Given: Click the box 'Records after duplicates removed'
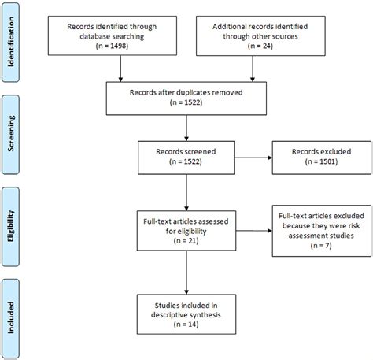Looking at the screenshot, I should click(x=186, y=96).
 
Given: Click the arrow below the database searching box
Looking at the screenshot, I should click(x=120, y=70).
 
